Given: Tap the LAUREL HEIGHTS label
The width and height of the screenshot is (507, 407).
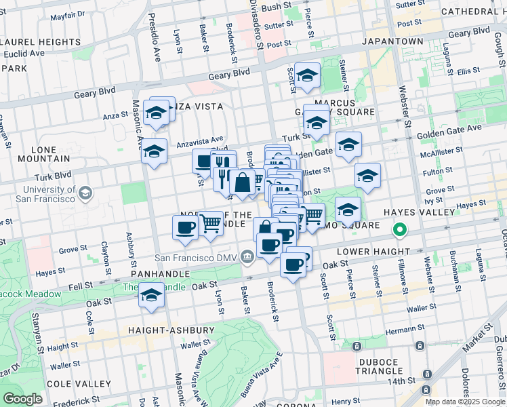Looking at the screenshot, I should [x=41, y=42].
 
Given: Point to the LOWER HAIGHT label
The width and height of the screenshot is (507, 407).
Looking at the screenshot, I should [x=399, y=251].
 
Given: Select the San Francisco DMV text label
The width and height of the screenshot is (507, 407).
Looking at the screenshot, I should [x=197, y=258].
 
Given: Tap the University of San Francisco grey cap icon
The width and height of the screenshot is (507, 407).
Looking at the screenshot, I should [x=85, y=195].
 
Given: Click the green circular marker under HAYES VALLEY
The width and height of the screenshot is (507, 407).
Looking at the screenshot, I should [x=400, y=231].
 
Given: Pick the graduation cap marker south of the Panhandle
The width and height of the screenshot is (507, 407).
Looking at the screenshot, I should [x=152, y=296].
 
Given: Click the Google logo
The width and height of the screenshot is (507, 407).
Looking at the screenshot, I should [x=23, y=399].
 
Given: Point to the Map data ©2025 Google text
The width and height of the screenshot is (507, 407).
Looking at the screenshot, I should [x=465, y=402].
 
